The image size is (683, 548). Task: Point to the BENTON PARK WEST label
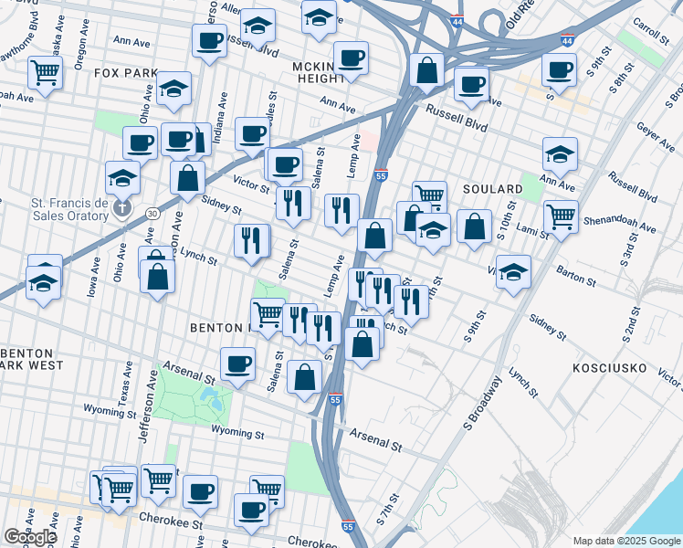click(32, 358)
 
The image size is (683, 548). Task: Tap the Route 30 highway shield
click(151, 213)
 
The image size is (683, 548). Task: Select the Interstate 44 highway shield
click(567, 41)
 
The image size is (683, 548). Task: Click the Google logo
click(30, 537)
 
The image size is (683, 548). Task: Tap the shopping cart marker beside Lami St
click(560, 216)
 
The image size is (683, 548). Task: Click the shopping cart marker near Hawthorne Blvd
click(45, 72)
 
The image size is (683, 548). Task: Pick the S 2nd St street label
click(632, 321)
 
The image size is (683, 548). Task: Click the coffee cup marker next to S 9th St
click(559, 68)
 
